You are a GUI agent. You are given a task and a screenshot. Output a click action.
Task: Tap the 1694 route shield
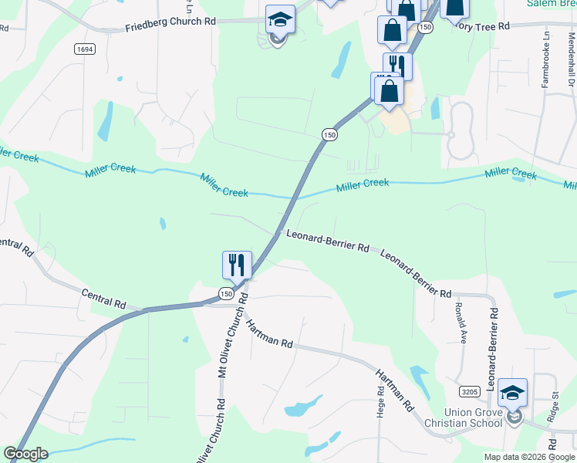tap(85, 49)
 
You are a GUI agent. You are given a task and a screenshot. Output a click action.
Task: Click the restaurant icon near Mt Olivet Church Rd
tap(236, 265)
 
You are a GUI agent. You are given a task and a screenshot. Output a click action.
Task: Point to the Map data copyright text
tap(530, 457)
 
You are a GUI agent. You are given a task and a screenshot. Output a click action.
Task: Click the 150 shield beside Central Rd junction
tap(225, 294)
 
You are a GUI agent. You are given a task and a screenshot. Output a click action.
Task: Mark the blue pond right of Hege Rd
tap(420, 378)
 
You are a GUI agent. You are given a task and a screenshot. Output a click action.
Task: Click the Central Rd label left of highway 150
tap(103, 298)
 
